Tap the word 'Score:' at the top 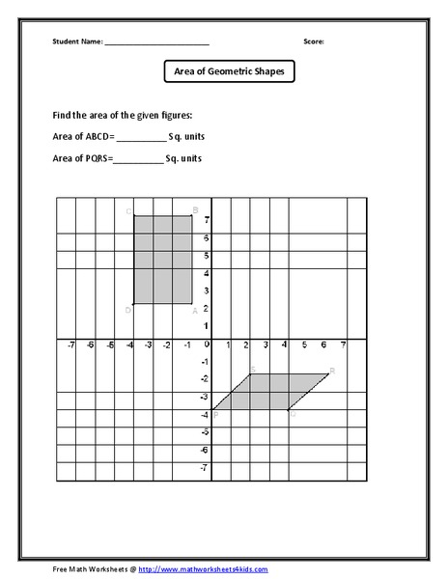pos(313,42)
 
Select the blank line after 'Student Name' pos(157,44)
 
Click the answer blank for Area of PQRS pos(139,159)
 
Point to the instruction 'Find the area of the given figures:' pos(116,116)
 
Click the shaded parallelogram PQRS pos(271,392)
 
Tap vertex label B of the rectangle pos(195,210)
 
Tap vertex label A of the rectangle pos(195,311)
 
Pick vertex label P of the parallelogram pos(215,414)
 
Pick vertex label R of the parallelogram pos(332,370)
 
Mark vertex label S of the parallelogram pos(252,370)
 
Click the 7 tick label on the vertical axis pos(206,220)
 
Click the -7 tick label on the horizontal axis pos(70,345)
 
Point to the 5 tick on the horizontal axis pos(304,345)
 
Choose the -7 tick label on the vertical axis pos(204,468)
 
